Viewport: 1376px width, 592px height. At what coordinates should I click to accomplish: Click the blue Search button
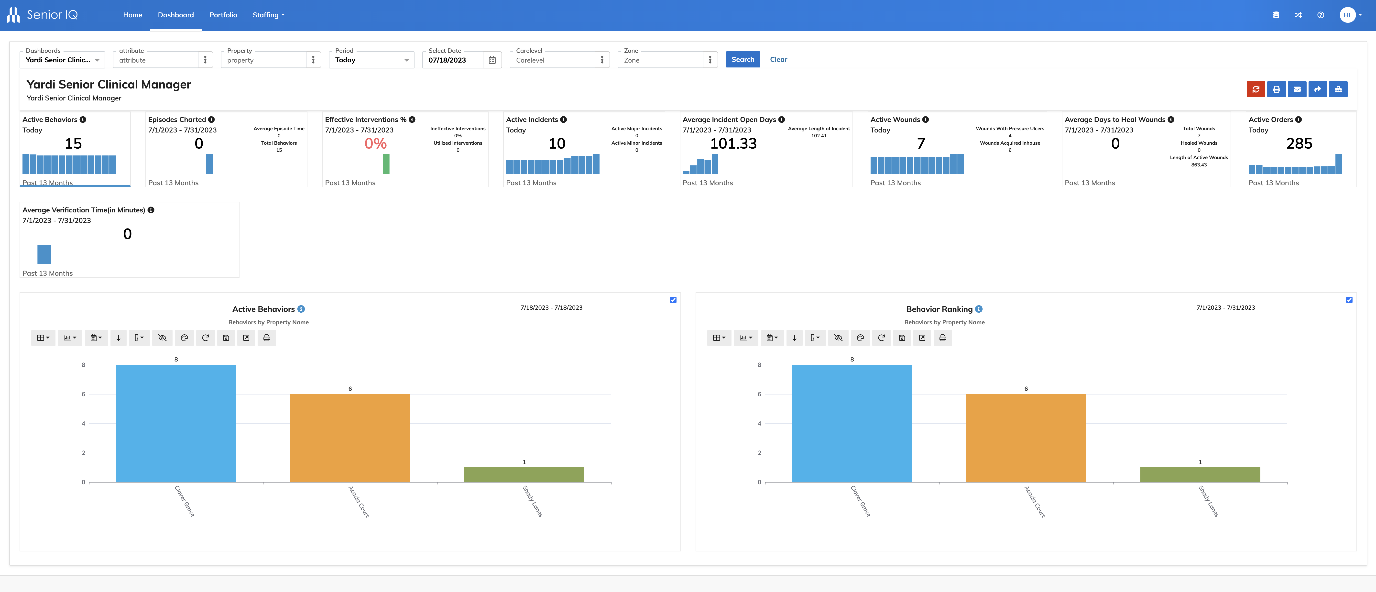coord(743,59)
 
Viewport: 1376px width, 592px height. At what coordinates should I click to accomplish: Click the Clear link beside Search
coord(778,59)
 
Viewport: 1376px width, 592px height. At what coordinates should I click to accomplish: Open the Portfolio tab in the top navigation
coord(223,15)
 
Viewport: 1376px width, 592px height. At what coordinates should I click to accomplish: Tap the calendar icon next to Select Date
coord(492,60)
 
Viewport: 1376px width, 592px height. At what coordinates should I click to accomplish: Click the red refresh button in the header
coord(1256,89)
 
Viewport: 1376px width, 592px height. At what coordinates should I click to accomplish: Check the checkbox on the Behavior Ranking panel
coord(1349,300)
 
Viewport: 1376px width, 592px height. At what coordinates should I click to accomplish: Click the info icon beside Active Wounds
coord(926,120)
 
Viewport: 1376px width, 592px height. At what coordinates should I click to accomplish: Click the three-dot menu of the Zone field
coord(710,60)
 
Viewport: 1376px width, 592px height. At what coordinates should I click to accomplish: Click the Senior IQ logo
coord(43,15)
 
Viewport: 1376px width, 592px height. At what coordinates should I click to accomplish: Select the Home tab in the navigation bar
coord(132,15)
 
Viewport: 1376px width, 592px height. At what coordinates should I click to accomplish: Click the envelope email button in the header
coord(1297,89)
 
